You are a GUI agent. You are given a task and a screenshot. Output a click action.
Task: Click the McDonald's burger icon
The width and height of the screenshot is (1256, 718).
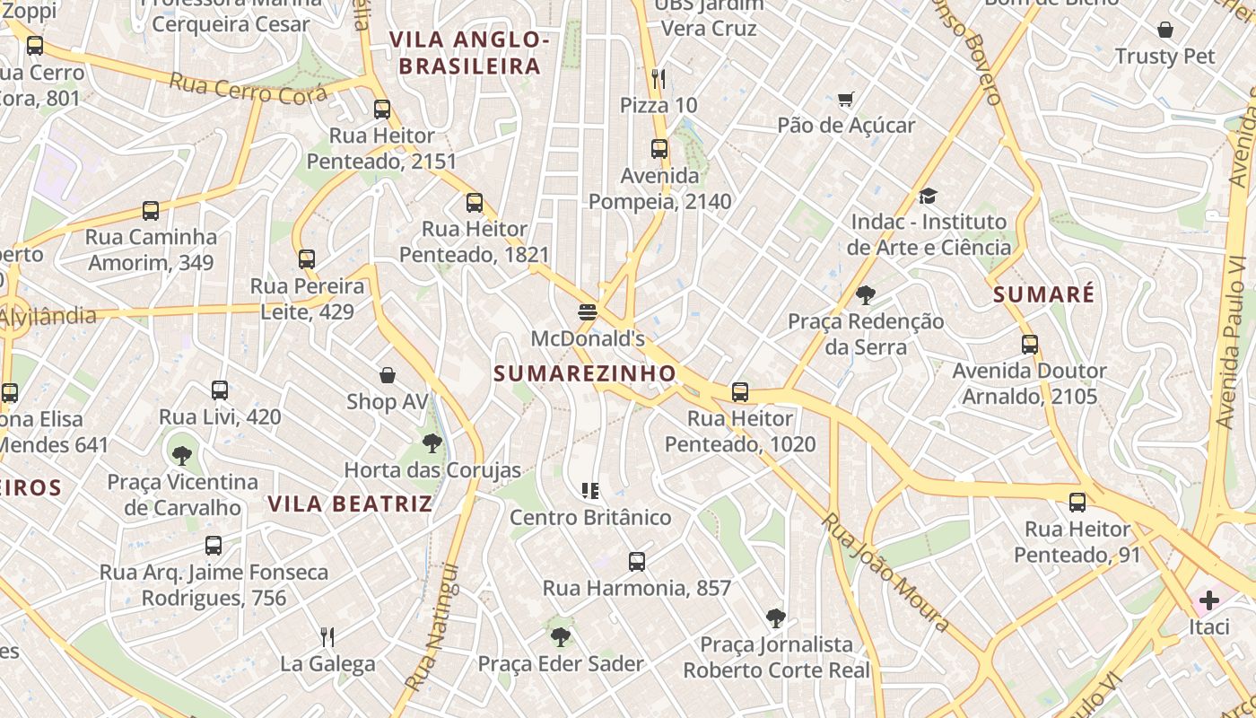(588, 312)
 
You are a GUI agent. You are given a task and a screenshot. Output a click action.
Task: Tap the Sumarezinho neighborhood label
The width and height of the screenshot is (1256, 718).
(585, 373)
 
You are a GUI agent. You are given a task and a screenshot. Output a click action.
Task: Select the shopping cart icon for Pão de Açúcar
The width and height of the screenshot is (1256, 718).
(845, 99)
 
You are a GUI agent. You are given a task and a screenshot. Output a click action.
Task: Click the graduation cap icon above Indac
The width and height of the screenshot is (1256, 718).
(928, 196)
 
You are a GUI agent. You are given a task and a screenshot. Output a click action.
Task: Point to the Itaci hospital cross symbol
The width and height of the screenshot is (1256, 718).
(1209, 600)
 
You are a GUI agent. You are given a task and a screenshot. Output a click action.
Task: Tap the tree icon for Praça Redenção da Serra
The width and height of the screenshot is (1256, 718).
(866, 294)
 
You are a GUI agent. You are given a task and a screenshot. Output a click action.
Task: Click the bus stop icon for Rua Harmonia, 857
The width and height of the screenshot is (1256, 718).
(637, 562)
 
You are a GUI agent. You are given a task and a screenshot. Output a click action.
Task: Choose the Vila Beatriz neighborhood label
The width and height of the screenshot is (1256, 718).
(351, 503)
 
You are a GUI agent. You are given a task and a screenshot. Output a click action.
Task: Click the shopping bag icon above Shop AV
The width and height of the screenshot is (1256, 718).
(388, 374)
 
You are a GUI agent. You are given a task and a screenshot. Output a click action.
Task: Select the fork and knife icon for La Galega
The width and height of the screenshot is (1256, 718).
(327, 637)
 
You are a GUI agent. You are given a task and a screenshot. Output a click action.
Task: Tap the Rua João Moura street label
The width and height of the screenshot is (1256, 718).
(885, 573)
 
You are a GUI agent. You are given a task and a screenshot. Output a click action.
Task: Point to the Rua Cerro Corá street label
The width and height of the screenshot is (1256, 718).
(248, 88)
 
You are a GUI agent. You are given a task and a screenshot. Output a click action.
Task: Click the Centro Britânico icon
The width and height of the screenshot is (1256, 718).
(589, 490)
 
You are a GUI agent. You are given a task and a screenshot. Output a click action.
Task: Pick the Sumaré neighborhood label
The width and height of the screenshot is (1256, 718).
(1044, 294)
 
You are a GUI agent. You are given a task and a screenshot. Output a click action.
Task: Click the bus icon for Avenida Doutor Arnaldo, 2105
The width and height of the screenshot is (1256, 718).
(1030, 344)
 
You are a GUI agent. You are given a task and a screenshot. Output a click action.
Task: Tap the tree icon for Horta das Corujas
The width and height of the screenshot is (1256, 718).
(432, 442)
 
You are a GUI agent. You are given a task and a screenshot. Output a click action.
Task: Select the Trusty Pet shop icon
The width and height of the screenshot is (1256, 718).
(1165, 30)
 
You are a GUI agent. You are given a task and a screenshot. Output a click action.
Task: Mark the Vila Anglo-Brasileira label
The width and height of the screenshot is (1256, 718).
(469, 52)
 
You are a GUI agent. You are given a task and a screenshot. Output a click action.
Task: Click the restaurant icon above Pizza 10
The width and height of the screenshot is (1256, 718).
(659, 78)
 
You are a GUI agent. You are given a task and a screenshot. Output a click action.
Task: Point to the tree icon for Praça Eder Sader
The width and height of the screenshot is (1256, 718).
(561, 637)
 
